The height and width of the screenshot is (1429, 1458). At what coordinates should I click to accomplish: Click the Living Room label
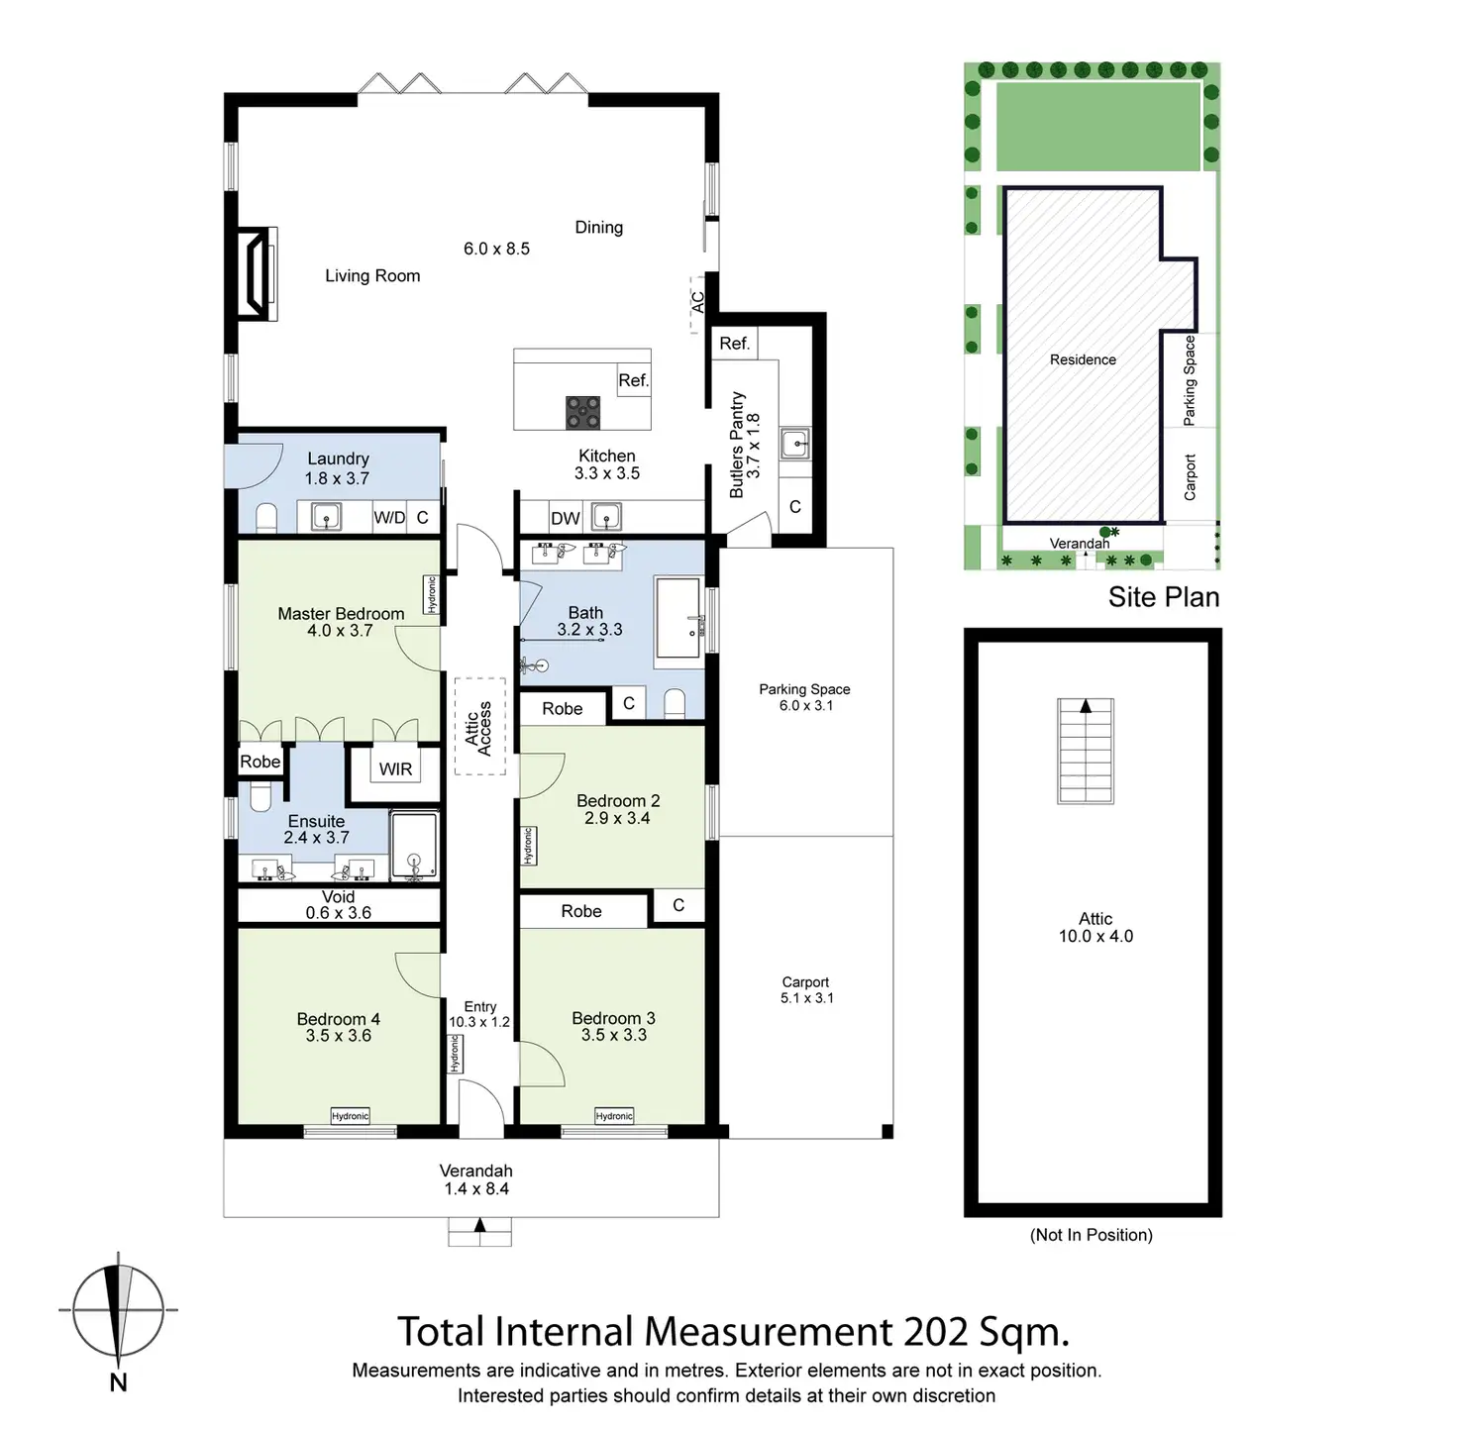(x=372, y=276)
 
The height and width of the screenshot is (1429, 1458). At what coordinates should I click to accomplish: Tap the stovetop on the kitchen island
(x=582, y=412)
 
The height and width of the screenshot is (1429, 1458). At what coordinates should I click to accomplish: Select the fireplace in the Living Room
(x=256, y=273)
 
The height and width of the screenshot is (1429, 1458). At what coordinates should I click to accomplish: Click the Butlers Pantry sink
(x=794, y=444)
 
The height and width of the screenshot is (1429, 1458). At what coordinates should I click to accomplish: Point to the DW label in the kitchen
(x=566, y=518)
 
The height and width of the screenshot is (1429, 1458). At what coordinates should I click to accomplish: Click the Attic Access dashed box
(x=479, y=727)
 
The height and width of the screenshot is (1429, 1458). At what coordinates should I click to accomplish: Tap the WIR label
(x=395, y=769)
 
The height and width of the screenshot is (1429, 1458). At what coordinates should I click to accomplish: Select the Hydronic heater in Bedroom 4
(x=350, y=1116)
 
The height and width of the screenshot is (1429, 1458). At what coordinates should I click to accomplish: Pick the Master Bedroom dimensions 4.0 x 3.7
(x=340, y=631)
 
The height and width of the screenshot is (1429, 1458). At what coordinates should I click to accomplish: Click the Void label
(x=338, y=897)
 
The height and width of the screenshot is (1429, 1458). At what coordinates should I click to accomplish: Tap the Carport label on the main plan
(x=805, y=982)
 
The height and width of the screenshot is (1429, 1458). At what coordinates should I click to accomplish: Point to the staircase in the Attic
(x=1086, y=751)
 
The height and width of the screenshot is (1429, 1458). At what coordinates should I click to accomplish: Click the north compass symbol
(x=118, y=1309)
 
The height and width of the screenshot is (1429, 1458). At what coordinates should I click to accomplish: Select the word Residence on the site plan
(x=1083, y=359)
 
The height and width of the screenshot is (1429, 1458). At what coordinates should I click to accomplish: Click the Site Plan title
(x=1163, y=597)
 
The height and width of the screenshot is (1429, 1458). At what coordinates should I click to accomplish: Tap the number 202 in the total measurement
(x=936, y=1332)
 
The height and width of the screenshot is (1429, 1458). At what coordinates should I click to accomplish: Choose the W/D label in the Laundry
(x=389, y=518)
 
